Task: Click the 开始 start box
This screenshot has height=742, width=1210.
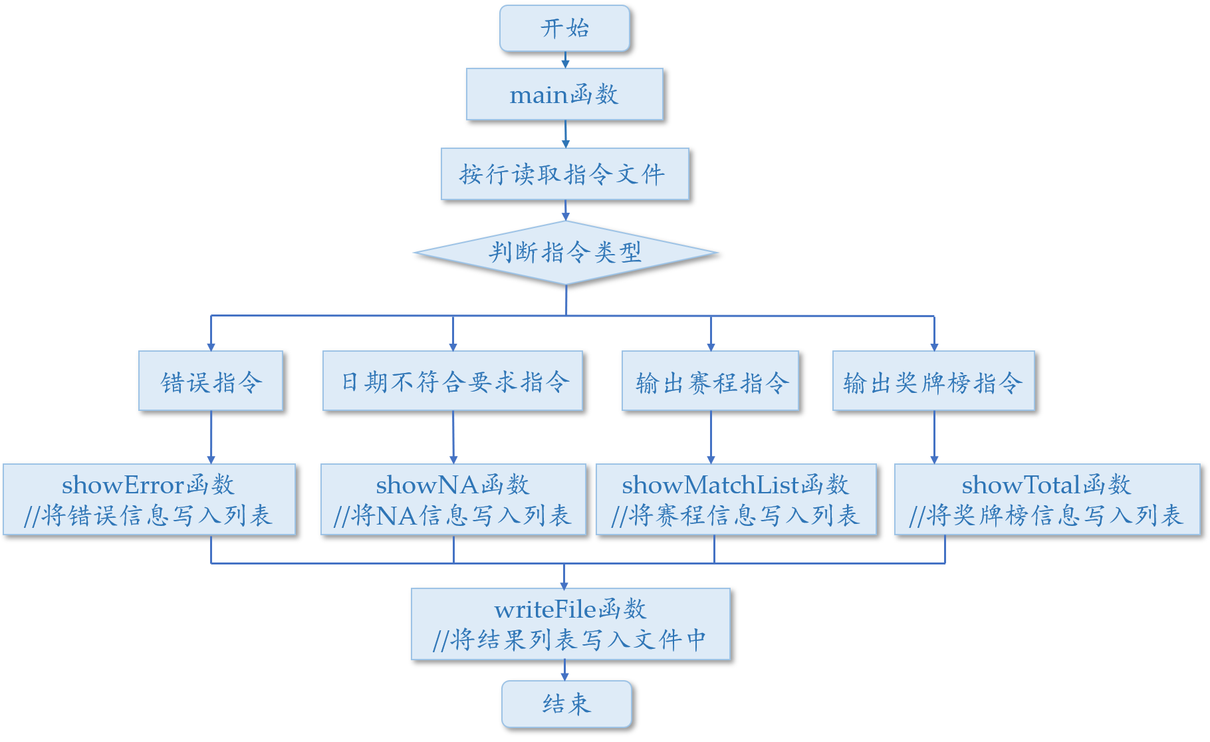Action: (564, 29)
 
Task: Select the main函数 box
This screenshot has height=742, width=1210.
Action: (564, 94)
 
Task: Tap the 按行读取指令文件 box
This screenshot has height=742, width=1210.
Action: (564, 174)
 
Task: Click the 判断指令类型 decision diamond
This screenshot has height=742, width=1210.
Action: (565, 253)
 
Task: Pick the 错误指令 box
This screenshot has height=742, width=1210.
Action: (211, 381)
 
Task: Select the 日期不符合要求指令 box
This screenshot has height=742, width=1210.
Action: (453, 381)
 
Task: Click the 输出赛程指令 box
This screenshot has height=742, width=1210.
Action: (710, 381)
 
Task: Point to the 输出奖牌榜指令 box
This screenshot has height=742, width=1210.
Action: (933, 381)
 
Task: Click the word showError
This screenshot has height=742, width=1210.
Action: (123, 485)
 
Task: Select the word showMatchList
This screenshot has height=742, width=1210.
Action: (710, 485)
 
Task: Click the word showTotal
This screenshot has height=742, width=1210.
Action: (1021, 485)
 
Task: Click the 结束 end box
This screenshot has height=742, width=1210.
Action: (566, 704)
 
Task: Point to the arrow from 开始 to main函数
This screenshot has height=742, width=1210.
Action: (565, 60)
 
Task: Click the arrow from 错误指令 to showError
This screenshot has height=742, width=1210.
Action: (211, 437)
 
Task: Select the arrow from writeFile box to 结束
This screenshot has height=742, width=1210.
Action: (564, 670)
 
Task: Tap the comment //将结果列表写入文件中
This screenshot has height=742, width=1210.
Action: (569, 640)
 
